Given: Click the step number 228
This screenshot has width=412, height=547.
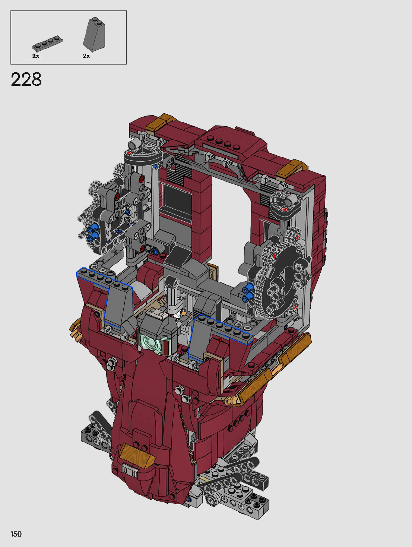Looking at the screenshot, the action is pos(26,79).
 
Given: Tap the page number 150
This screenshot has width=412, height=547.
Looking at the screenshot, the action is pos(16,534).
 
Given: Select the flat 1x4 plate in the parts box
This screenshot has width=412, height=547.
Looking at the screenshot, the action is pos(47,44).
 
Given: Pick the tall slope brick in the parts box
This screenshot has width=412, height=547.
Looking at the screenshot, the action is pos(94,34).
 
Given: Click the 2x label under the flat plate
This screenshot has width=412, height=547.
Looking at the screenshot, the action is pos(36,56).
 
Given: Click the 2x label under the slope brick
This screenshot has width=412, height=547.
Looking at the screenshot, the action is pos(86,56).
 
